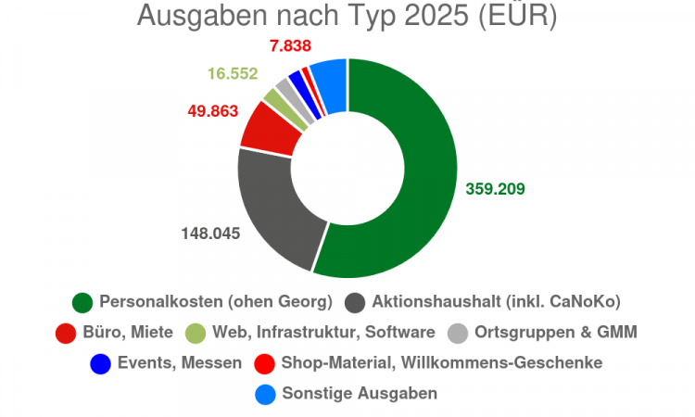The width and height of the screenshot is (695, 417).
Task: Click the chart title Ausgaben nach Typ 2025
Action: point(303,16)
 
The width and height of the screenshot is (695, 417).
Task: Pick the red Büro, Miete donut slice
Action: point(271,131)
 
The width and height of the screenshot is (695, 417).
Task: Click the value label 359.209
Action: point(495,189)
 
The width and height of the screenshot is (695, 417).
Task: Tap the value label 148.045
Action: point(210,234)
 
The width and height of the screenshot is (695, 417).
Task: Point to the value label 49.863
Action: point(213,111)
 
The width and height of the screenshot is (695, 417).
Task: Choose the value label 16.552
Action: point(233,73)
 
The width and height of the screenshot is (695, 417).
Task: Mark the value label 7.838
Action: point(290,45)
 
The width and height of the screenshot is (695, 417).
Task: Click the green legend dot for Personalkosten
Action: point(82,303)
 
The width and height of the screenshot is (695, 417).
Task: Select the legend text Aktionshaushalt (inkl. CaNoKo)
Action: point(496,302)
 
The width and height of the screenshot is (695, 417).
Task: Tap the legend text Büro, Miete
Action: point(128,333)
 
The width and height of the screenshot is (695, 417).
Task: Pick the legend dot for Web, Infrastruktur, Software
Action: point(196,334)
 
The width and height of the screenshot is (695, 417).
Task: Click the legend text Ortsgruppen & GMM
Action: point(556,332)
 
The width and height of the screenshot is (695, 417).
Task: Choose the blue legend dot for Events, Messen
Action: point(101,364)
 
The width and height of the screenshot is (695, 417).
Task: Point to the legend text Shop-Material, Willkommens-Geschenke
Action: point(442,363)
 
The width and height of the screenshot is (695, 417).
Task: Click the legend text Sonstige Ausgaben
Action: point(360,394)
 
